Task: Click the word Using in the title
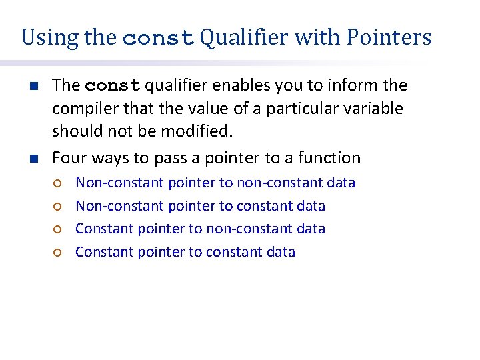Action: tap(51, 37)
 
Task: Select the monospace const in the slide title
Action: tap(159, 38)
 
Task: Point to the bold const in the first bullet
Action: tap(113, 86)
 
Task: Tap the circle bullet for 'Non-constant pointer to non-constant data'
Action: tap(58, 183)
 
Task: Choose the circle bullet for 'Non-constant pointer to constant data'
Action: tap(58, 207)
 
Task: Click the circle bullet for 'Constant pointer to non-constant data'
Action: tap(58, 229)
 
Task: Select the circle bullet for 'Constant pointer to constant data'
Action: tap(58, 253)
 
